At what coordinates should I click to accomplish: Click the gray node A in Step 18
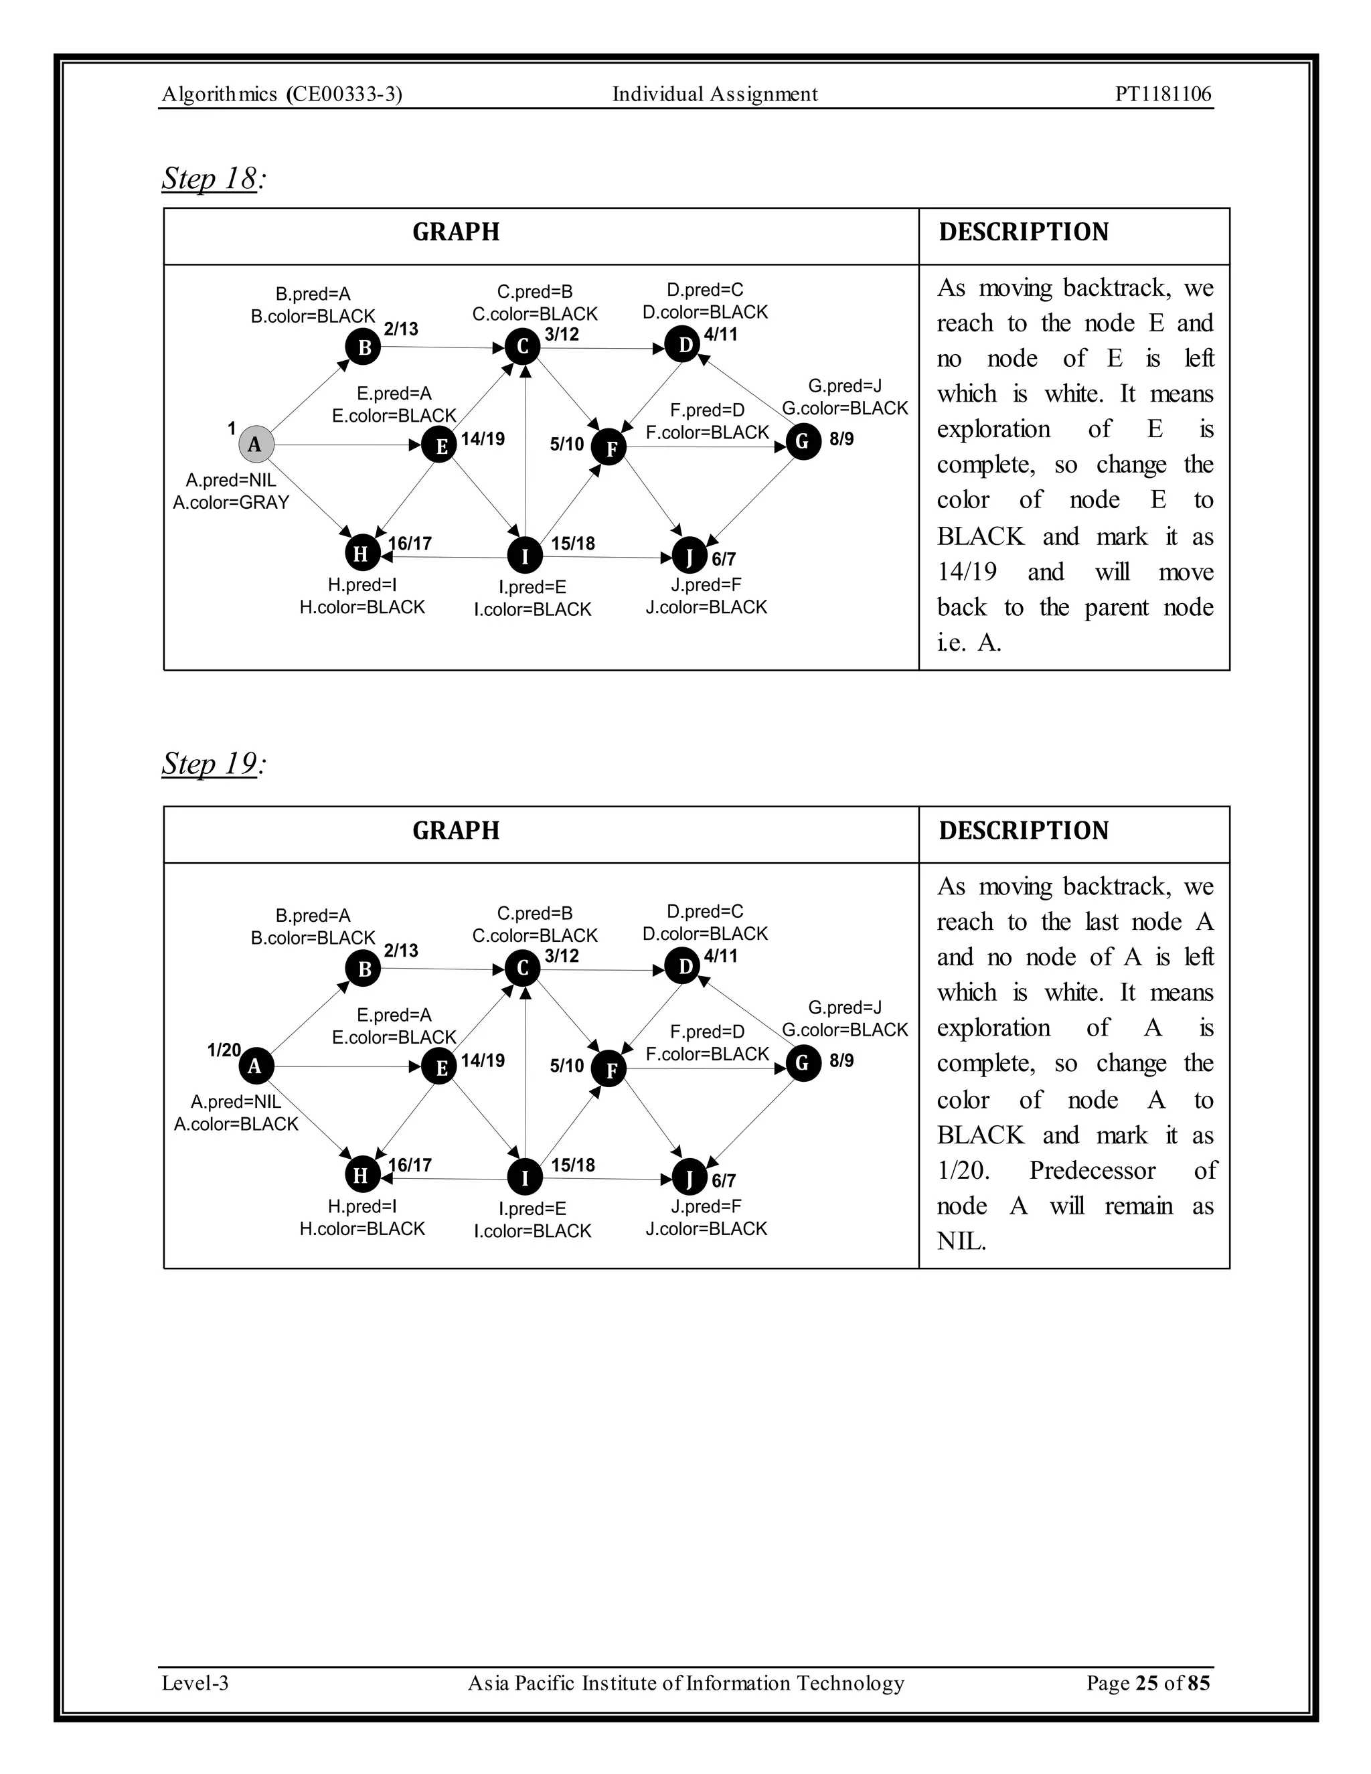coord(255,445)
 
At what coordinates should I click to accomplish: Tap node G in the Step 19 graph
coord(803,1062)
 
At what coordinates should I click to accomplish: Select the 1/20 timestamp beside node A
coord(224,1050)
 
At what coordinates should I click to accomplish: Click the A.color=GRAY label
coord(232,502)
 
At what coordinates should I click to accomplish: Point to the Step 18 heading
coord(210,178)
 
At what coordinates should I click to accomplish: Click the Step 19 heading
coord(210,764)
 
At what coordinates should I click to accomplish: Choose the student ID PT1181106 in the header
coord(1163,94)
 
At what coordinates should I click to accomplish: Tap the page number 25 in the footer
coord(1146,1682)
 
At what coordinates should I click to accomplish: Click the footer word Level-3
coord(195,1682)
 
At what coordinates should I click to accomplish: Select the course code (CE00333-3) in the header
coord(344,94)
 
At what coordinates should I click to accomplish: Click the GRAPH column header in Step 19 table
coord(456,830)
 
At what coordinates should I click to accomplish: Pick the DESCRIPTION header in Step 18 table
coord(1024,232)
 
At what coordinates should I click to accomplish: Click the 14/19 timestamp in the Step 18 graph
coord(483,439)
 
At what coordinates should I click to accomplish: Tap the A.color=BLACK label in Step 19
coord(236,1123)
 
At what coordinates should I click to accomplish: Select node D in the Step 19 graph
coord(683,966)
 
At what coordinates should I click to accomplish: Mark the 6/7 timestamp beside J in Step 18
coord(724,559)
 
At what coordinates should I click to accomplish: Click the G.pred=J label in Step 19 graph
coord(845,1007)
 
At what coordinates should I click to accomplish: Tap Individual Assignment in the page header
coord(715,94)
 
